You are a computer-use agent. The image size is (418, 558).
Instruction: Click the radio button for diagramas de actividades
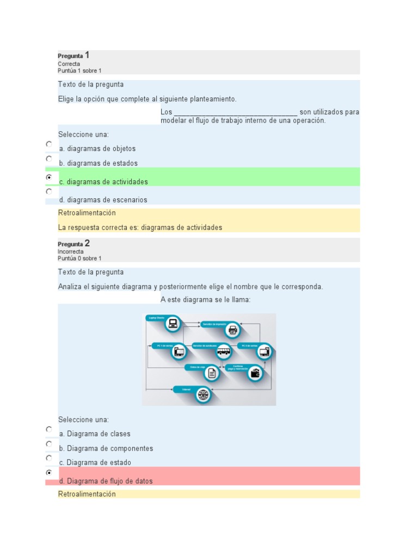tap(49, 177)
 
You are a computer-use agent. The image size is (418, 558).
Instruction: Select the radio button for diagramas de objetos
tap(49, 144)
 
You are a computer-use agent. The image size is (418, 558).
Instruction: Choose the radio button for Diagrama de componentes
tap(49, 444)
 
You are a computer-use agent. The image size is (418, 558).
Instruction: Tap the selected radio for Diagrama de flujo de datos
tap(49, 472)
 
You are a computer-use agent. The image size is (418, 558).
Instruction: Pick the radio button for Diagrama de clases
tap(49, 429)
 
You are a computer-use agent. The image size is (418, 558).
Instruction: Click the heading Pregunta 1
tap(73, 55)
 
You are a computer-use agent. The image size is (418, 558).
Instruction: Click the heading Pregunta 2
tap(73, 244)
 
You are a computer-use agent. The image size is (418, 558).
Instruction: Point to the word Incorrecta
tap(71, 252)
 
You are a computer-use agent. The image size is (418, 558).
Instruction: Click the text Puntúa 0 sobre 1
tap(79, 258)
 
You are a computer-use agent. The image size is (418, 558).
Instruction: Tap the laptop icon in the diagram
tap(173, 324)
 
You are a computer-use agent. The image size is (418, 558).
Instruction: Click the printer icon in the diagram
tap(233, 330)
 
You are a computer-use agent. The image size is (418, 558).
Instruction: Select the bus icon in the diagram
tap(223, 351)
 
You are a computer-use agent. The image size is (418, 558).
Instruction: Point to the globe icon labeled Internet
tap(204, 394)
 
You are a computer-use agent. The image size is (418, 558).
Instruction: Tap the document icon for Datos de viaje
tap(212, 373)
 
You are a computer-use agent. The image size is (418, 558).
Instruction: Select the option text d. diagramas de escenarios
tap(103, 200)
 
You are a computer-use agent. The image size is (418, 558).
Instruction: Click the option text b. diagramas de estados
tap(98, 163)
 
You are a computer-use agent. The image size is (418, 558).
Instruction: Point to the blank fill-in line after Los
tap(235, 112)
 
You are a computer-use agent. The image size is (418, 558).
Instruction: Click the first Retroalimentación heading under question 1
tap(87, 213)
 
